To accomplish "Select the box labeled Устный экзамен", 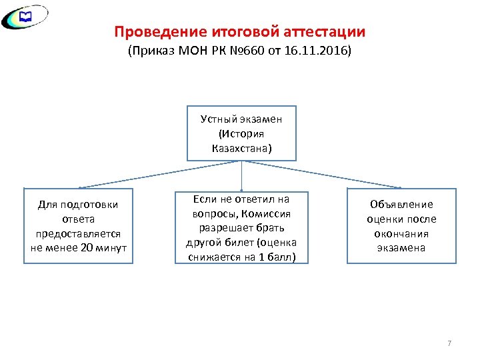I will (241, 133).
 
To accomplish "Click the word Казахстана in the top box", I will (241, 148).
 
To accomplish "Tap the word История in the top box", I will (241, 133).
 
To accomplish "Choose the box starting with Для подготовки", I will (79, 226).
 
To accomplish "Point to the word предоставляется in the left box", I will (79, 233).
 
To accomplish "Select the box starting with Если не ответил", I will (241, 227).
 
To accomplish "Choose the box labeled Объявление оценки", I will (401, 226).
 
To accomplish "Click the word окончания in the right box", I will (401, 233).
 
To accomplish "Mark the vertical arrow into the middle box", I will (241, 177).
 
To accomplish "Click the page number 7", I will (449, 343).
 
